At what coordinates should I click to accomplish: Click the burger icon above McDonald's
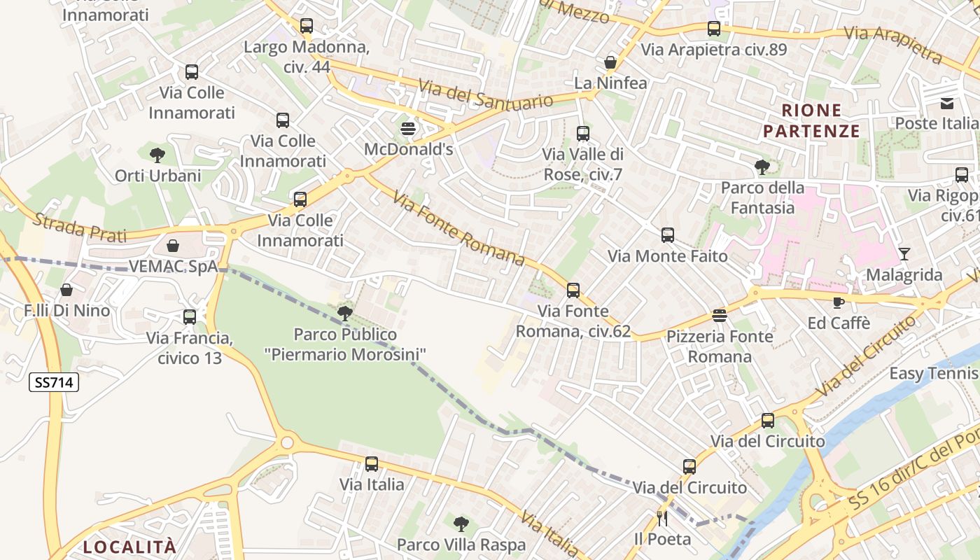coord(408,129)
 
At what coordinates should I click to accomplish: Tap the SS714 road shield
coord(54,382)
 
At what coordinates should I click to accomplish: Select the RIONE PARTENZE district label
coord(811,120)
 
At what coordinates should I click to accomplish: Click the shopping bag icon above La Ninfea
coord(610,62)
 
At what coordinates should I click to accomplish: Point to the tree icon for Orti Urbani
coord(157,155)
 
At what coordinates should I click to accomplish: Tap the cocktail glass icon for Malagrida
coord(904,254)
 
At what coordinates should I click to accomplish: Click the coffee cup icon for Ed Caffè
coord(838,302)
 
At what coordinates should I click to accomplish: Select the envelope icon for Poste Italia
coord(947,104)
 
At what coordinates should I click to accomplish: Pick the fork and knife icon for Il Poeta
coord(662,519)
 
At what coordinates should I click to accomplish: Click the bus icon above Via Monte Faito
coord(668,235)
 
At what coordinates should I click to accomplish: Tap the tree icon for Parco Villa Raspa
coord(461,524)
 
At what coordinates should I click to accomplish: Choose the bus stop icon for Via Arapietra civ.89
coord(714,29)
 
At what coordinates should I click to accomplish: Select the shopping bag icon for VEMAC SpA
coord(173,246)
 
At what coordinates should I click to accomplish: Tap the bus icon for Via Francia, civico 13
coord(190,317)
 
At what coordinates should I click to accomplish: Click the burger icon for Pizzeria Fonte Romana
coord(720,316)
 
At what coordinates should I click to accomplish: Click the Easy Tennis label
coord(934,374)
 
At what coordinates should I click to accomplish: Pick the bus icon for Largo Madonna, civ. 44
coord(307,26)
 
